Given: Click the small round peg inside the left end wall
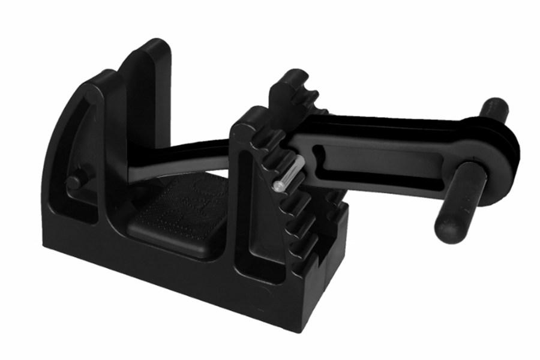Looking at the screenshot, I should [x=74, y=182].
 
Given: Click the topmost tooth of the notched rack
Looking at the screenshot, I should [x=288, y=81].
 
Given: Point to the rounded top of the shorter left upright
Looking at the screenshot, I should [x=99, y=77].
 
